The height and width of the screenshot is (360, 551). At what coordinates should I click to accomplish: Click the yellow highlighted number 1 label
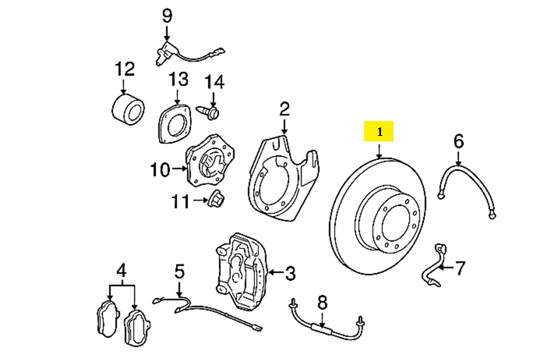(x=379, y=132)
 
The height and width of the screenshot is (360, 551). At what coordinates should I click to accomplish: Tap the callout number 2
(x=284, y=110)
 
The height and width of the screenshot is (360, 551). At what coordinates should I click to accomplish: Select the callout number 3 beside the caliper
(x=290, y=272)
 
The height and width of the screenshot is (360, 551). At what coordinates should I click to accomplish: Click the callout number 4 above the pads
(x=122, y=270)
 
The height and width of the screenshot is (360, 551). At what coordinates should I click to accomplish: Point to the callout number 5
(x=179, y=271)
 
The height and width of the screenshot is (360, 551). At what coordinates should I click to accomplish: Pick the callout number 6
(x=458, y=142)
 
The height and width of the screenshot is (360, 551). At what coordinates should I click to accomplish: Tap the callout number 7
(x=459, y=269)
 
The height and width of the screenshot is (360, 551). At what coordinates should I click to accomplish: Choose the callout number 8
(x=321, y=303)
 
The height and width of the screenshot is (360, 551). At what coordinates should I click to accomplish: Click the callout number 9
(x=166, y=16)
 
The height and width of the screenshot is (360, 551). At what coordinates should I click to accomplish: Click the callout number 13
(x=178, y=80)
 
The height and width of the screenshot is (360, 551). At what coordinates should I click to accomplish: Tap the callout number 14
(x=214, y=81)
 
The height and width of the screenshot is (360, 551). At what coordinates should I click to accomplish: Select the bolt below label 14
(x=209, y=112)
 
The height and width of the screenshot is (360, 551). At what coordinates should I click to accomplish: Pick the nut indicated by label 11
(x=217, y=200)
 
